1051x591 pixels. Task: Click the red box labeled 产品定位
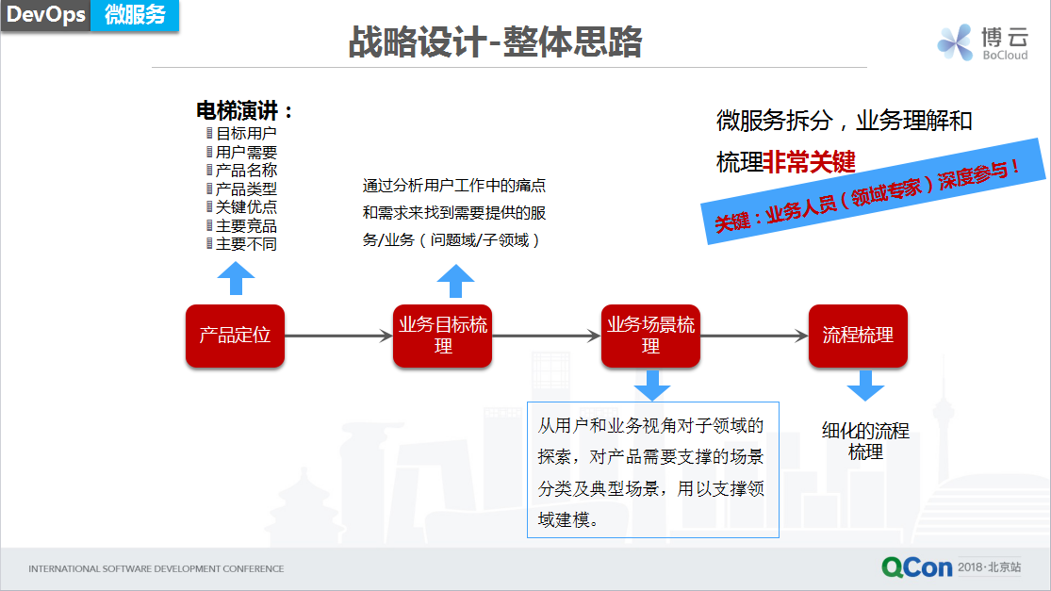[236, 335]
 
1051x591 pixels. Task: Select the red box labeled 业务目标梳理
[442, 335]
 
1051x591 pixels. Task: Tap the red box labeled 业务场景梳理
[650, 335]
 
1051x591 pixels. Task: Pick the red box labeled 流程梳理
[858, 335]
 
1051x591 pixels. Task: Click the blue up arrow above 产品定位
[236, 278]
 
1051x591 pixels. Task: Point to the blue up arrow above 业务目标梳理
[456, 281]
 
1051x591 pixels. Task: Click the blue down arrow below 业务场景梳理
[651, 386]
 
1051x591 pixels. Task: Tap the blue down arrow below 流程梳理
[865, 386]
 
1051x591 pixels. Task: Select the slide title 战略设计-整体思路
[496, 41]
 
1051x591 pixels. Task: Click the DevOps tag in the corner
[46, 15]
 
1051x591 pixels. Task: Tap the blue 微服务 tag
[135, 15]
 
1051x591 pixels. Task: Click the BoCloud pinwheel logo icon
[955, 42]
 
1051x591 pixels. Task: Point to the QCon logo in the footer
[917, 567]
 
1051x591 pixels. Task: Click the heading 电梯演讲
[244, 110]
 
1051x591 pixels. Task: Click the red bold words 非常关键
[810, 161]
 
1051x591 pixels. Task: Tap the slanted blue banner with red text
[874, 191]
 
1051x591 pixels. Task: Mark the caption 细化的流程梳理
[865, 441]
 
